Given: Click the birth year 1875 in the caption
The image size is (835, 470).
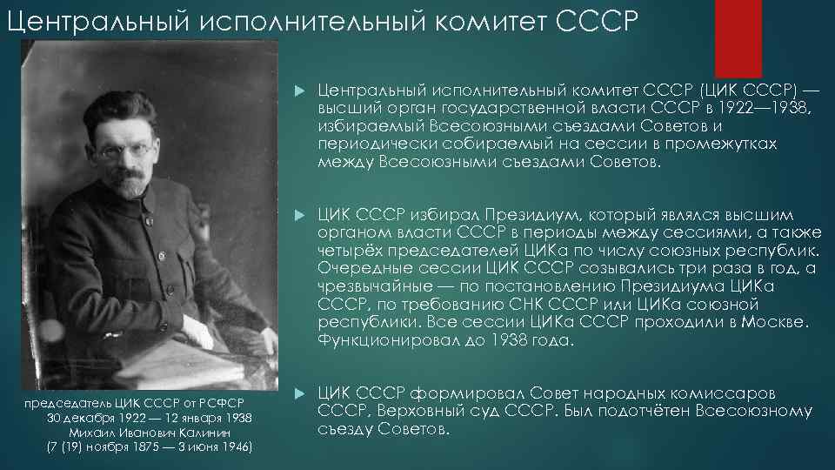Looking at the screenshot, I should [154, 447].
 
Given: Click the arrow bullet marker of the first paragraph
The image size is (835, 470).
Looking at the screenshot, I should [299, 89].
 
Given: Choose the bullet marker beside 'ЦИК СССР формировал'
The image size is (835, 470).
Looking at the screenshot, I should [299, 394].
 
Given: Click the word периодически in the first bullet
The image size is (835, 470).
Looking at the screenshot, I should [367, 144].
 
